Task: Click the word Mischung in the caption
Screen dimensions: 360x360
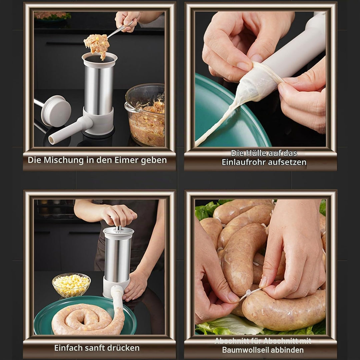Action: pos(64,160)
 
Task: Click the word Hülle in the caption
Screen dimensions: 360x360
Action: pos(257,153)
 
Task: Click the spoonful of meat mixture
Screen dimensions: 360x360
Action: pos(97,45)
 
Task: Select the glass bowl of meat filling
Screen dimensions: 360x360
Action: pos(145,115)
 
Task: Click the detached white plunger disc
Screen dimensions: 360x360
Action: pos(56,111)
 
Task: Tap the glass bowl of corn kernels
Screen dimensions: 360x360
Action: pos(71,285)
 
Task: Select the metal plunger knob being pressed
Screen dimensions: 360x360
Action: pos(118,228)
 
